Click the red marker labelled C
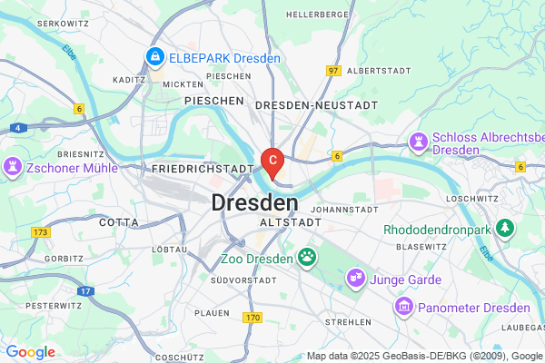(272, 161)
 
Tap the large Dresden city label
(255, 202)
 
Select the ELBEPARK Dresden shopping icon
(155, 58)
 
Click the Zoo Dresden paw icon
(309, 258)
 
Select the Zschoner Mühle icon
(14, 167)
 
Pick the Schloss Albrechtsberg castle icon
(419, 142)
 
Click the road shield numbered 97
(333, 70)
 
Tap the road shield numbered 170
(253, 317)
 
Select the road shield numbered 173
(39, 233)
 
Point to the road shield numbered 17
(84, 291)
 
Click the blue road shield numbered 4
(17, 128)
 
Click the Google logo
(30, 352)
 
